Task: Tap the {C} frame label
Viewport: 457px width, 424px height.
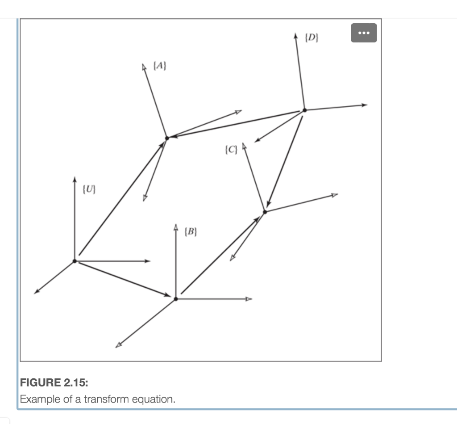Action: [x=231, y=149]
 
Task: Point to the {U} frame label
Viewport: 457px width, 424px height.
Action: [x=89, y=189]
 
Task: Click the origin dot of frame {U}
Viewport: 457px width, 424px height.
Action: [x=75, y=261]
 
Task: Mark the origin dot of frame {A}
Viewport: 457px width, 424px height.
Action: [x=167, y=138]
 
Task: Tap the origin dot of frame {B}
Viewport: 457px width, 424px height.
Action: [x=176, y=298]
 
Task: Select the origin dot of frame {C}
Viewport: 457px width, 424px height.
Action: [x=265, y=211]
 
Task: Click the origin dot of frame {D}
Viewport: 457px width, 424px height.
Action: [x=304, y=109]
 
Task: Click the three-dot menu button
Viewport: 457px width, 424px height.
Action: [x=364, y=33]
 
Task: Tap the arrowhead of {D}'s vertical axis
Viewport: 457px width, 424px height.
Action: [x=295, y=35]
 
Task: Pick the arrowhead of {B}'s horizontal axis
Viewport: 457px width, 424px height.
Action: [x=249, y=298]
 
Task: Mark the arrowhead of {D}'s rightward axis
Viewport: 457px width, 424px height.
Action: [x=365, y=105]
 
